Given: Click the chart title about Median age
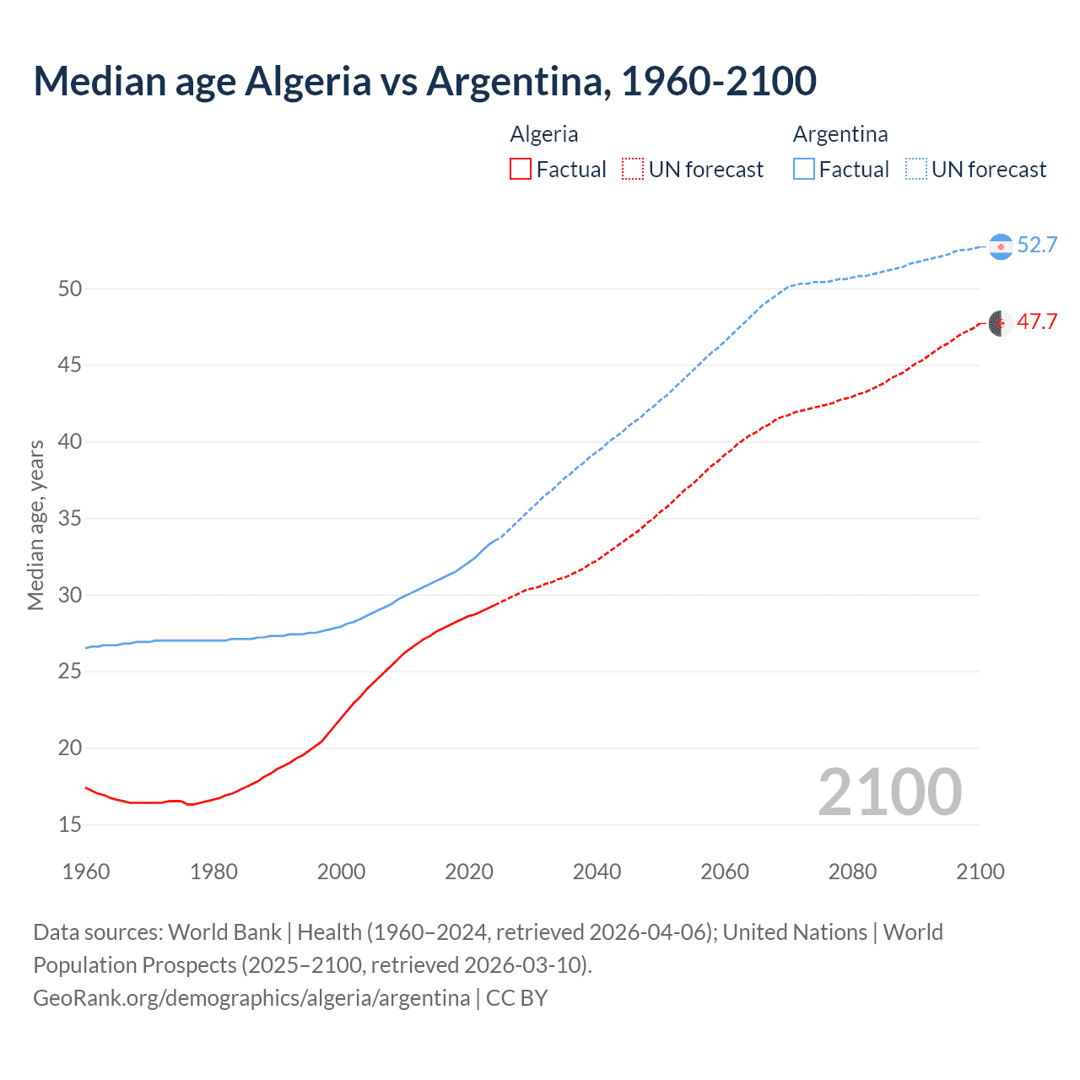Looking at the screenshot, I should tap(424, 81).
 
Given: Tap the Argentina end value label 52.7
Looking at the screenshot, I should tap(1037, 245).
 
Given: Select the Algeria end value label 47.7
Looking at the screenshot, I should tap(1037, 321).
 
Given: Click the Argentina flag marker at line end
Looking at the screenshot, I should tap(1001, 246).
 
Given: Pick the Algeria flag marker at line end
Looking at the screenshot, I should tap(1001, 322).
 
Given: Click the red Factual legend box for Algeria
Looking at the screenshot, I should tap(521, 170).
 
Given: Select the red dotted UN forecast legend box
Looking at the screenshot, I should tap(633, 170).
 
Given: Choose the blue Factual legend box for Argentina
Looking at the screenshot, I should tap(804, 170).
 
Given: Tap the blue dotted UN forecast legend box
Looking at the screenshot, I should tap(916, 170).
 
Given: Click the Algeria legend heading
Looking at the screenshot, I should tap(544, 134).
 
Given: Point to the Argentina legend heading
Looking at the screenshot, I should tap(840, 134).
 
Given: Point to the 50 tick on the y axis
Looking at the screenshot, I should tap(70, 289).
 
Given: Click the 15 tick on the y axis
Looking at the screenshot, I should tap(70, 824).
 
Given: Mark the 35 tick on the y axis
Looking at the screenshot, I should tap(70, 518).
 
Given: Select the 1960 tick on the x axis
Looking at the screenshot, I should tap(86, 872).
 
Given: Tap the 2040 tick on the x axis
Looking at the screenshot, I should tap(597, 872).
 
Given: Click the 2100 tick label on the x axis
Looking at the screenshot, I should tap(980, 872).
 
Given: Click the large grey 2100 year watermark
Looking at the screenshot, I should tap(890, 791).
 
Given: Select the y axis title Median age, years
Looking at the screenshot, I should tap(35, 525).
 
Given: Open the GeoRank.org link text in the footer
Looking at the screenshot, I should tap(251, 998).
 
